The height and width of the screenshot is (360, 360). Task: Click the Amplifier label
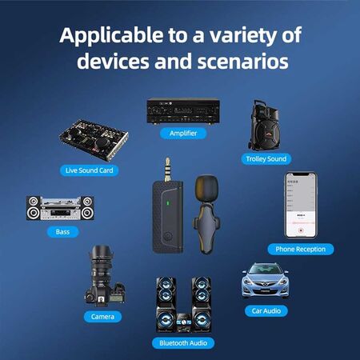[182, 133]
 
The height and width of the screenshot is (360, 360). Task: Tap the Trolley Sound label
[266, 158]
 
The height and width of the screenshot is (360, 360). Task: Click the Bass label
[62, 231]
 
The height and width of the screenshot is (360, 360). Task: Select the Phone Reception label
[300, 249]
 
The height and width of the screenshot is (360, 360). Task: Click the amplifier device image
[182, 110]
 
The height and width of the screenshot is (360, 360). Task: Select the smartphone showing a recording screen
[300, 205]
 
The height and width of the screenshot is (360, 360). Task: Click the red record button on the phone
[300, 228]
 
